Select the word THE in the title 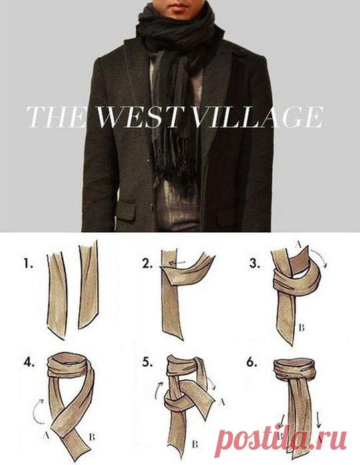point(55,117)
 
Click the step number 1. point(29,263)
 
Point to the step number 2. point(147,263)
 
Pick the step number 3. point(255,263)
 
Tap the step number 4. point(29,363)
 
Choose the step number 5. point(147,363)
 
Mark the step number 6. point(252,363)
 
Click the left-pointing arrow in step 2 point(177,263)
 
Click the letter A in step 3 point(299,245)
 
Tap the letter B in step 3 point(301,328)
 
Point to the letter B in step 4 point(92,437)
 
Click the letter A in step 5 point(221,402)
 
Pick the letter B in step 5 point(195,444)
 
